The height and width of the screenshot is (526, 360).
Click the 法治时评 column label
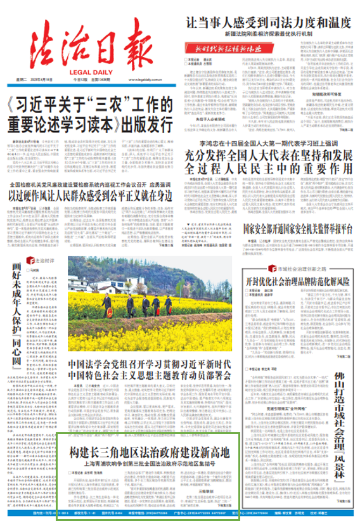(47, 261)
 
